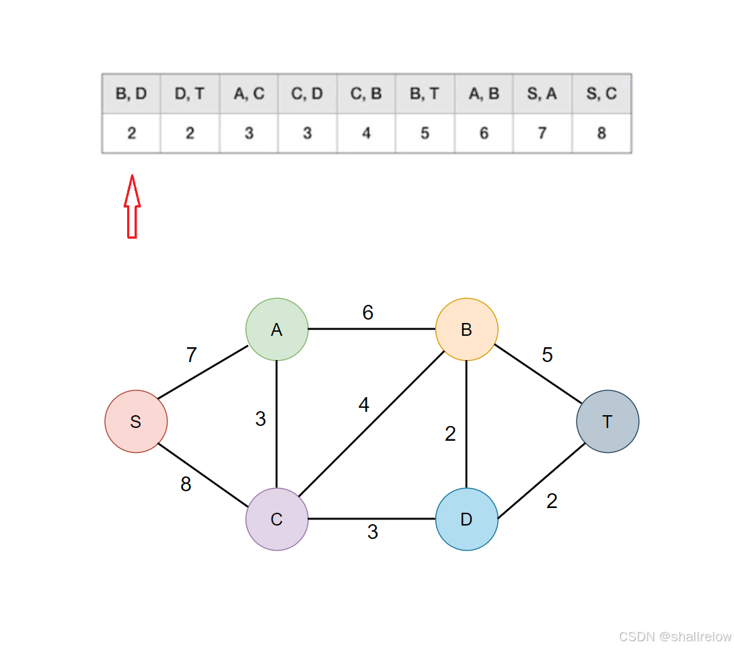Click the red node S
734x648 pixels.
(136, 421)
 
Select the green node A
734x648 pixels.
(277, 329)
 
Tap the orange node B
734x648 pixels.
(466, 329)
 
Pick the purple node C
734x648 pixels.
(277, 519)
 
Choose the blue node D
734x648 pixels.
(466, 519)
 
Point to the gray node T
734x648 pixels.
(608, 421)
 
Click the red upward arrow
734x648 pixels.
(132, 207)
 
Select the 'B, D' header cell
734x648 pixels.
(131, 94)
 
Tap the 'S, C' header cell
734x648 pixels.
(601, 94)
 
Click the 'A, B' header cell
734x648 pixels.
(484, 94)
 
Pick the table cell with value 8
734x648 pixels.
(601, 133)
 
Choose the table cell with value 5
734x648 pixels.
(425, 133)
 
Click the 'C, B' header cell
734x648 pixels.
(366, 94)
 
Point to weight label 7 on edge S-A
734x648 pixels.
(192, 355)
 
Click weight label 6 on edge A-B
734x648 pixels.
(367, 312)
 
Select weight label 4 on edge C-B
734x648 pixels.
(364, 405)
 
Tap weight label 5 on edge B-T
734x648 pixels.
(547, 355)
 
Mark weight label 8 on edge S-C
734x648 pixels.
(186, 484)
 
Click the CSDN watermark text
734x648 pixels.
(674, 637)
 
